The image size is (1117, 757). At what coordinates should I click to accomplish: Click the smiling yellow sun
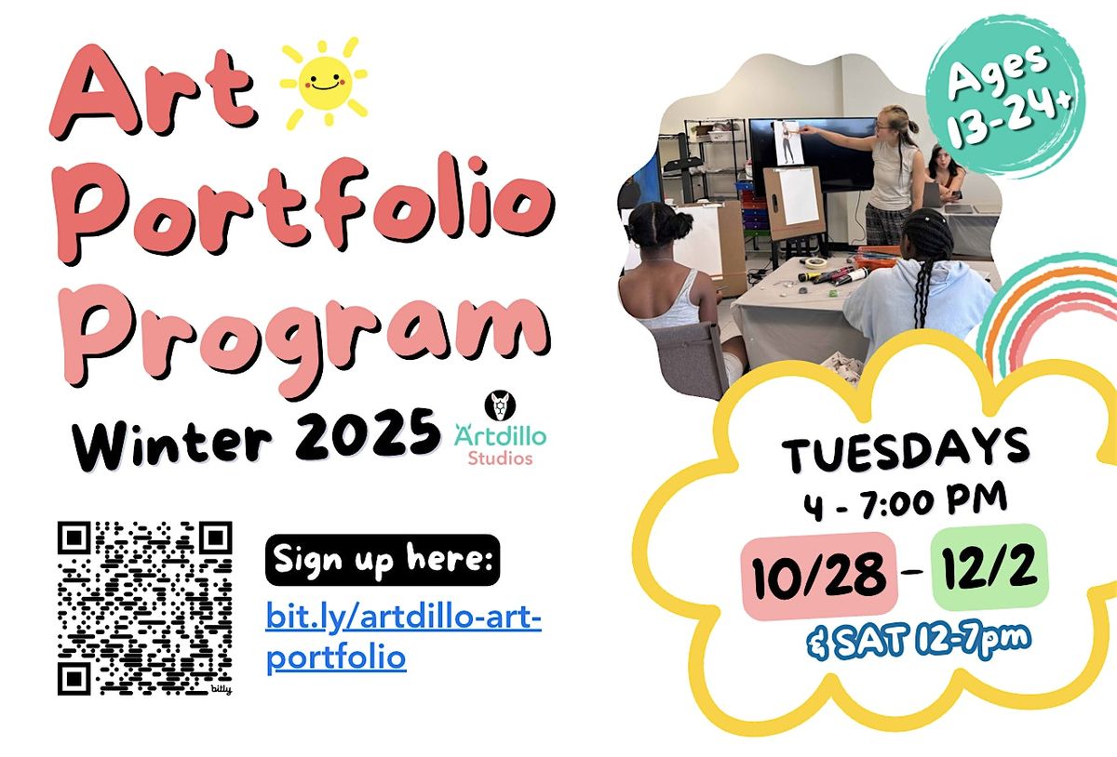tap(323, 81)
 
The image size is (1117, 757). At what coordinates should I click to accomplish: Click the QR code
tap(144, 608)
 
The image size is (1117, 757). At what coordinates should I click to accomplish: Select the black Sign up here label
tap(382, 561)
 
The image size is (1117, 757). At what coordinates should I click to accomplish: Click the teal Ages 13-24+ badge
tap(1004, 99)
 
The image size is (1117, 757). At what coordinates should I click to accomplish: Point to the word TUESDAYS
tap(906, 451)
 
